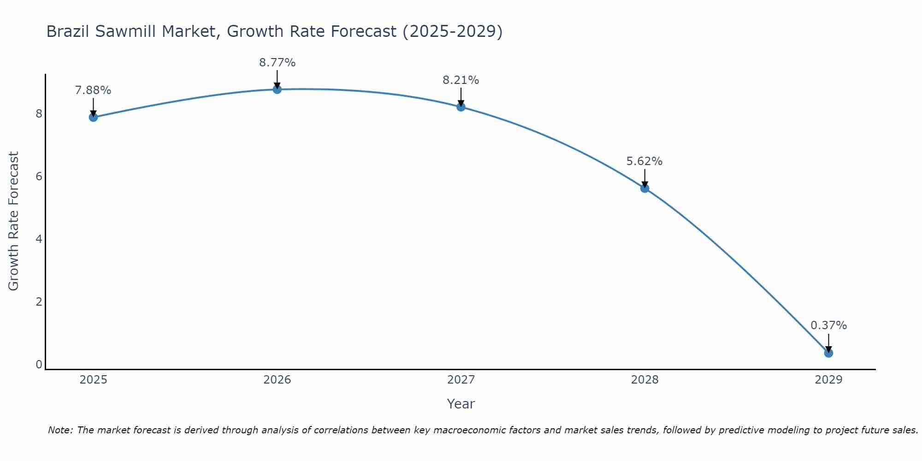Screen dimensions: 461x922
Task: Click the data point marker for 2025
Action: pos(93,117)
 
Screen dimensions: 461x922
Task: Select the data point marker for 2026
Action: pos(277,89)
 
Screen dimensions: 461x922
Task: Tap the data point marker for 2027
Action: pos(461,107)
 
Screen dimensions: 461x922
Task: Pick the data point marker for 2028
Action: pos(644,188)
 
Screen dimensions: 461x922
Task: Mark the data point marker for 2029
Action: pos(828,353)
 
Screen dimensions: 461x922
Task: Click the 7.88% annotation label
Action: pos(93,90)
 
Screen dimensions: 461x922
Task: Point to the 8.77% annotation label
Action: pos(277,63)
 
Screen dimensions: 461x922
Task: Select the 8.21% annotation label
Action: pos(461,80)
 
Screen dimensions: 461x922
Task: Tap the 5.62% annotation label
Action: pos(644,161)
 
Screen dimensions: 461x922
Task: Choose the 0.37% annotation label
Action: pos(828,325)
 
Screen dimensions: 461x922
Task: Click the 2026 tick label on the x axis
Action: pos(277,380)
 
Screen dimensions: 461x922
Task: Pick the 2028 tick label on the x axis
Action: pos(644,380)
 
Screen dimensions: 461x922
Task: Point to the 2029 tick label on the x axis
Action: pos(828,380)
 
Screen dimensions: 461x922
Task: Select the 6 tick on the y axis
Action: pos(39,177)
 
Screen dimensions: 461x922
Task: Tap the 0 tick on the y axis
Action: pos(39,365)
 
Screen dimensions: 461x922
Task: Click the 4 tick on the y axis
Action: pos(39,239)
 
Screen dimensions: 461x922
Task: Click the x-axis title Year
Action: pos(461,404)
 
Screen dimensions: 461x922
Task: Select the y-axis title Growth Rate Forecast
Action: pos(14,221)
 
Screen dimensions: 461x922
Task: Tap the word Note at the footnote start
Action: pos(60,430)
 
